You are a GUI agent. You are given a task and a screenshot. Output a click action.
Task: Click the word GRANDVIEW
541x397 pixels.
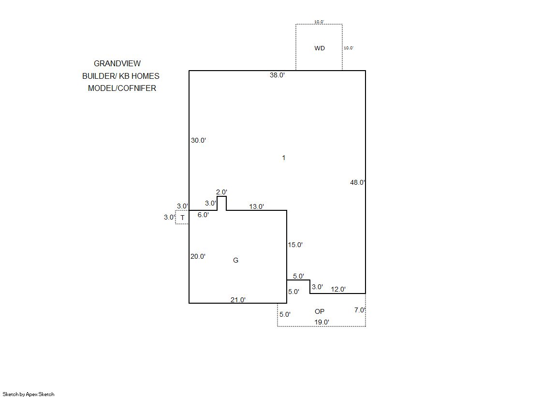pos(117,63)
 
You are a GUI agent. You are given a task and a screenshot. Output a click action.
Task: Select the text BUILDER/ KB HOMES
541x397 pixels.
pos(121,76)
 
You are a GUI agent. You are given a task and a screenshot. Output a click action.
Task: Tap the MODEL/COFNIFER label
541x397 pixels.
pos(122,88)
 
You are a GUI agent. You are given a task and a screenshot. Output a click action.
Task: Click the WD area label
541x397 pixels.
pos(320,48)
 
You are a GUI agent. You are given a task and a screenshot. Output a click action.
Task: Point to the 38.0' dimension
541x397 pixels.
pos(277,75)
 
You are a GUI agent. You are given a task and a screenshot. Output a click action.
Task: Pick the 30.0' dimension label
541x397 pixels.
pos(198,140)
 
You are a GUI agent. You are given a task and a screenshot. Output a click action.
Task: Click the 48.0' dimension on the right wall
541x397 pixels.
pos(357,182)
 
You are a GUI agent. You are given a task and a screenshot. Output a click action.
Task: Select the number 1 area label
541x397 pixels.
pos(284,158)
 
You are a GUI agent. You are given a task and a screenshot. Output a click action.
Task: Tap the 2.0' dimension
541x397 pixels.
pos(221,192)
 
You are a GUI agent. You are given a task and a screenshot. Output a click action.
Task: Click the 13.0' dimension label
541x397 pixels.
pos(256,206)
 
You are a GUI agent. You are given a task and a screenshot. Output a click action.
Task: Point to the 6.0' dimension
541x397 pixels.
pos(203,215)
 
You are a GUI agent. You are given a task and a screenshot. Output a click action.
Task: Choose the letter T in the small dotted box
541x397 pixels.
pos(183,218)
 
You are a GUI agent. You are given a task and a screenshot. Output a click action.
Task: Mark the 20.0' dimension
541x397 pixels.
pos(198,256)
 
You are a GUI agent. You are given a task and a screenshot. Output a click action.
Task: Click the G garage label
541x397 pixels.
pos(235,260)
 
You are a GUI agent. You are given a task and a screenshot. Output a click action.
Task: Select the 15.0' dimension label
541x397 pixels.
pos(295,245)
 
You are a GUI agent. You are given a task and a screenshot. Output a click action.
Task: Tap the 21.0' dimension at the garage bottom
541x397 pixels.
pos(238,300)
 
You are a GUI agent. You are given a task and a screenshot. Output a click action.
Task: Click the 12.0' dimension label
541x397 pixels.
pos(338,289)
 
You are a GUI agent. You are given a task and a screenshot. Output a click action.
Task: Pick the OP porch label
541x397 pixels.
pos(320,311)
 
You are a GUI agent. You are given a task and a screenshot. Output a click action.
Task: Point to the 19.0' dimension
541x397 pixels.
pos(322,322)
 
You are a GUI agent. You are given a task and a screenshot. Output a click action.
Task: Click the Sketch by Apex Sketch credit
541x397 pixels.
pos(29,394)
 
